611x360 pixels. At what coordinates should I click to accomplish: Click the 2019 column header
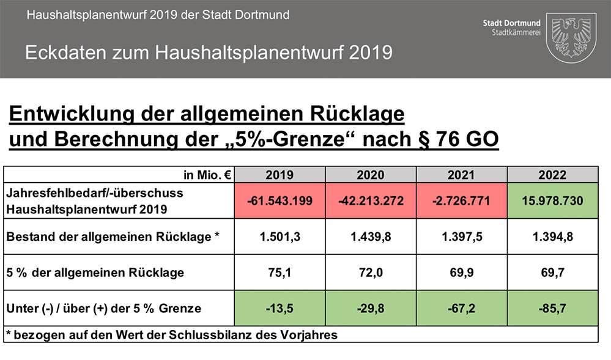280,175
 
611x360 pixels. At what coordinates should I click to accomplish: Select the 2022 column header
553,175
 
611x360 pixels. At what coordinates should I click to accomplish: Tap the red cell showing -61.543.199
280,200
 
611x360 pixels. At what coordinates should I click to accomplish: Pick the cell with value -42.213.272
371,200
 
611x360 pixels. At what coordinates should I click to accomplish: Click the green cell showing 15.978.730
553,200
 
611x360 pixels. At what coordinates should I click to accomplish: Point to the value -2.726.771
461,200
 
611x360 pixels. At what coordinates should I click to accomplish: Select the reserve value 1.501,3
280,237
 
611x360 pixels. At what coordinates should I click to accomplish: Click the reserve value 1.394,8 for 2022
553,237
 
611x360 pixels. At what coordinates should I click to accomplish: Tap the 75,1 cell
280,273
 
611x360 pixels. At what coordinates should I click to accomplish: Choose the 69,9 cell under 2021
461,273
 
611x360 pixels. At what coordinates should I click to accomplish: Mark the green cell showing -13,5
280,308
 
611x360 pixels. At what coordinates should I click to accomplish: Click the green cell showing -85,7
553,308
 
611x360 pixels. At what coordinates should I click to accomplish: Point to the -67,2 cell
461,308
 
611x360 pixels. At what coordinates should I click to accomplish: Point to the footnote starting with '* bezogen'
171,335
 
